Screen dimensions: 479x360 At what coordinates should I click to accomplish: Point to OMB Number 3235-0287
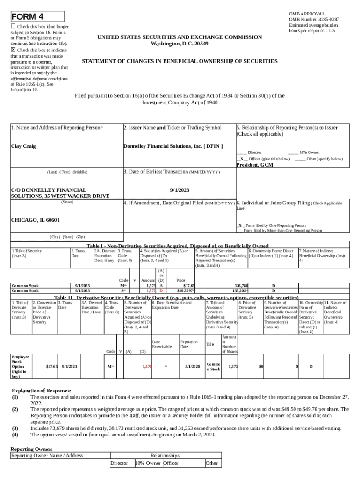point(314,19)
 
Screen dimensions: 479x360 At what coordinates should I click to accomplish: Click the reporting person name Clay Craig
point(23,146)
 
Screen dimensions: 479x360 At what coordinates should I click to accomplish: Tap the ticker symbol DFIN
point(213,146)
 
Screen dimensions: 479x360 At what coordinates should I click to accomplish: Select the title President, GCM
point(255,165)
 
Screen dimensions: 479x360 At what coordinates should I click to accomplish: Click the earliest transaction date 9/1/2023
point(180,190)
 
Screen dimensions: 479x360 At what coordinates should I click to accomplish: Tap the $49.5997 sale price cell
point(186,290)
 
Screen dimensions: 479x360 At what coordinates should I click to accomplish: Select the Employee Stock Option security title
point(20,366)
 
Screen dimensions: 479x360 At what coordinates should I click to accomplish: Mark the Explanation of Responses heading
point(41,391)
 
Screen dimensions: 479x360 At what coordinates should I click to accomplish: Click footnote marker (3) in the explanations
point(15,428)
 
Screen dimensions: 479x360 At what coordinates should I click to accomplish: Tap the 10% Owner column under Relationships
point(146,464)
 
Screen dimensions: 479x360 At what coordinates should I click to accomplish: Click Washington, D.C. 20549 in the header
point(180,44)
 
